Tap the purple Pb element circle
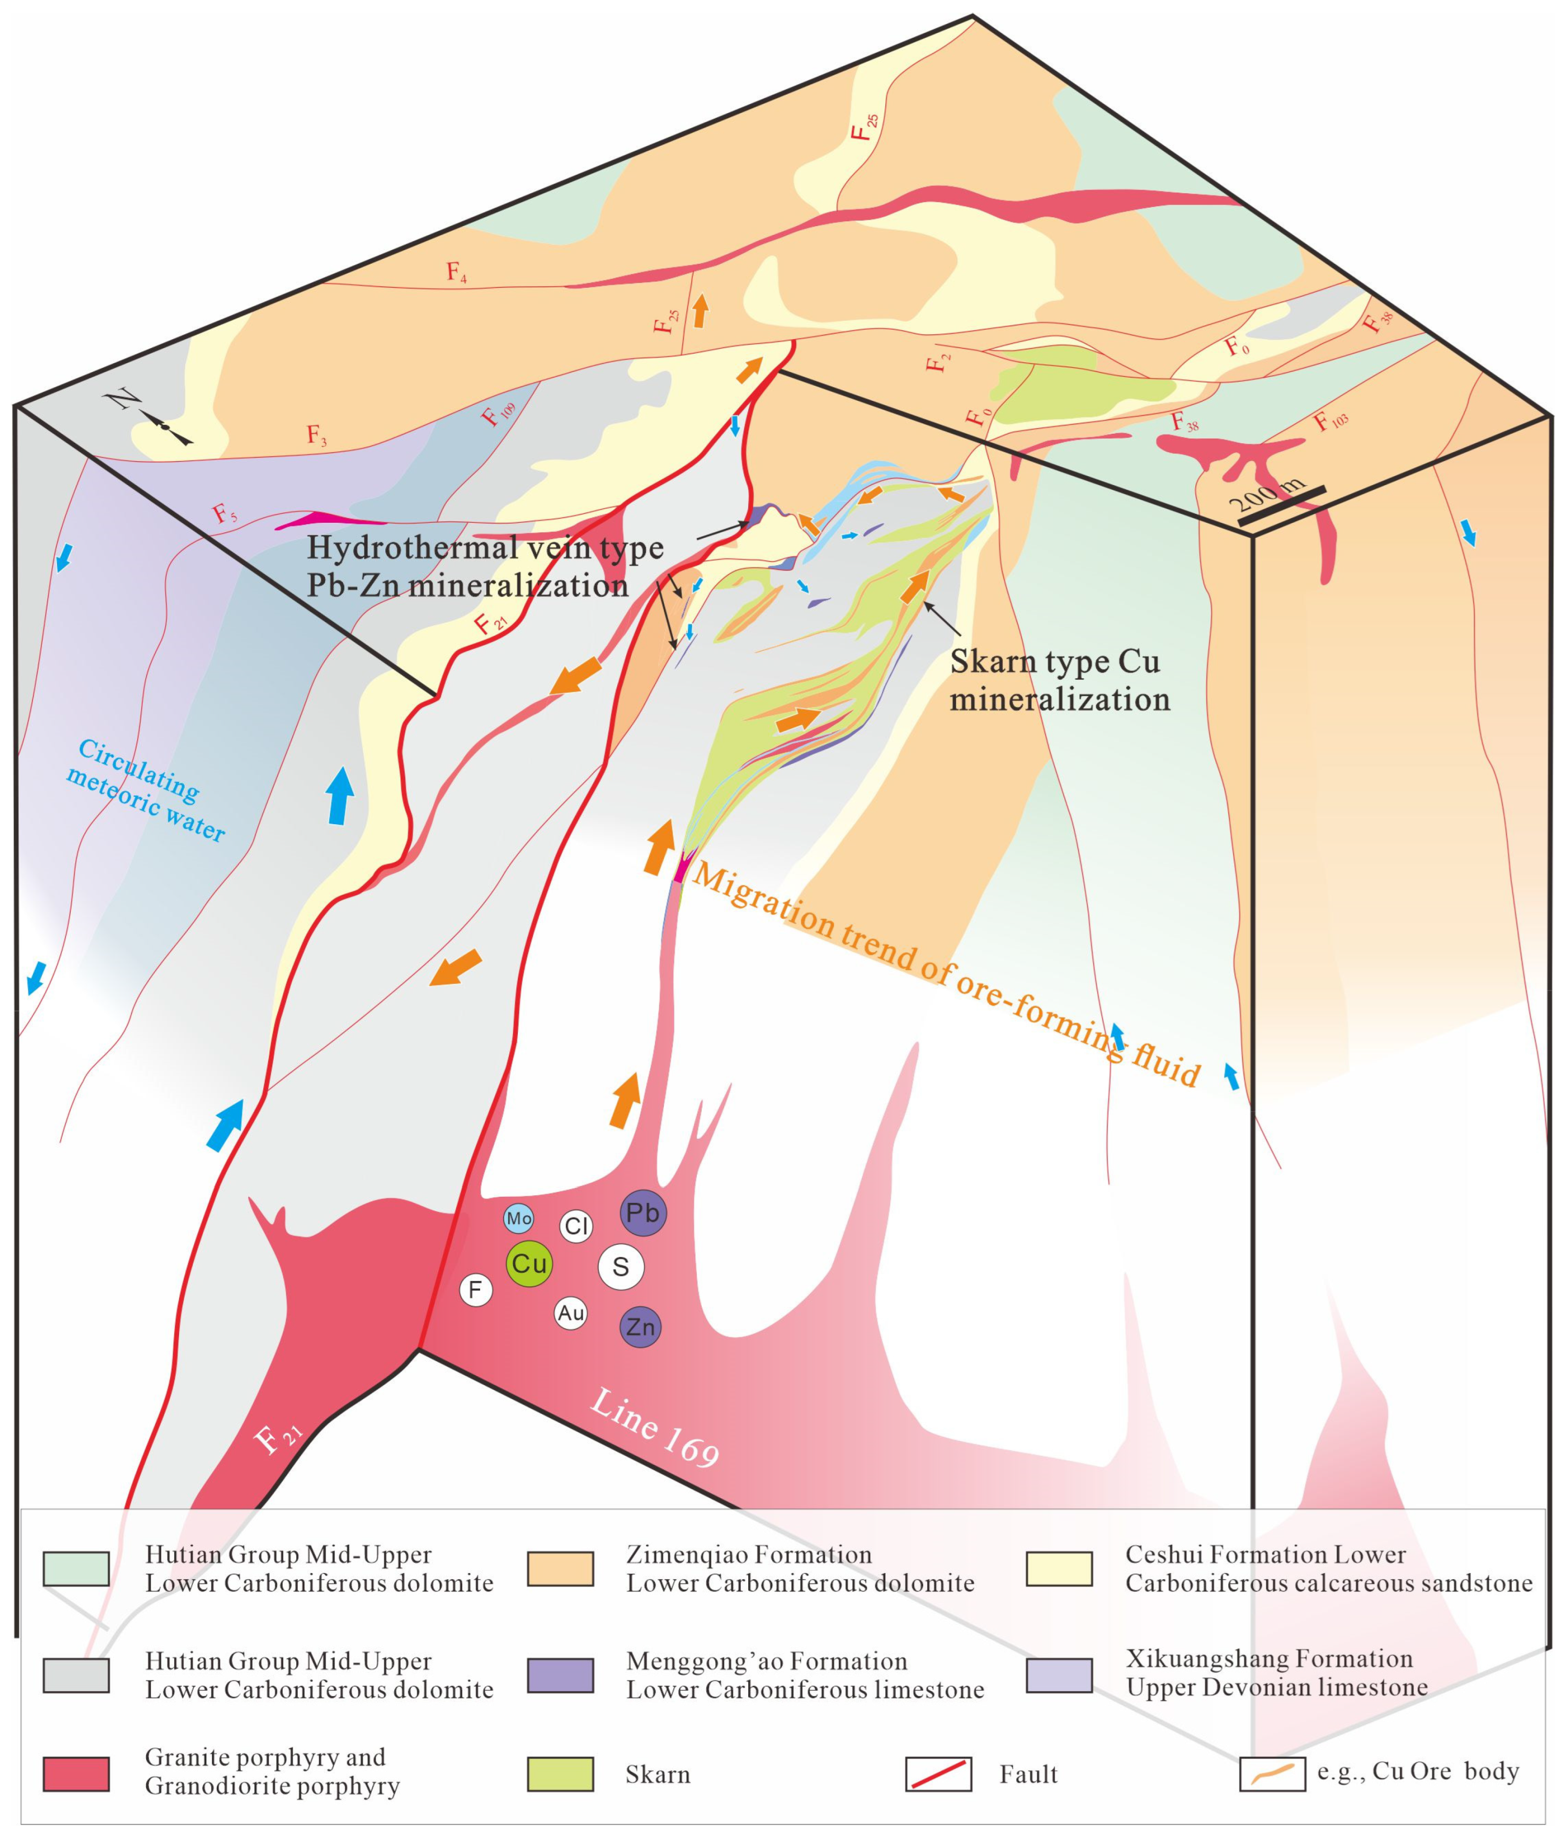pyautogui.click(x=643, y=1213)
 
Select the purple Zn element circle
pyautogui.click(x=640, y=1327)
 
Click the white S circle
pyautogui.click(x=620, y=1267)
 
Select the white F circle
pyautogui.click(x=475, y=1289)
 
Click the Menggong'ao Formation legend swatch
pyautogui.click(x=560, y=1675)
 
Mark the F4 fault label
pyautogui.click(x=457, y=272)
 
